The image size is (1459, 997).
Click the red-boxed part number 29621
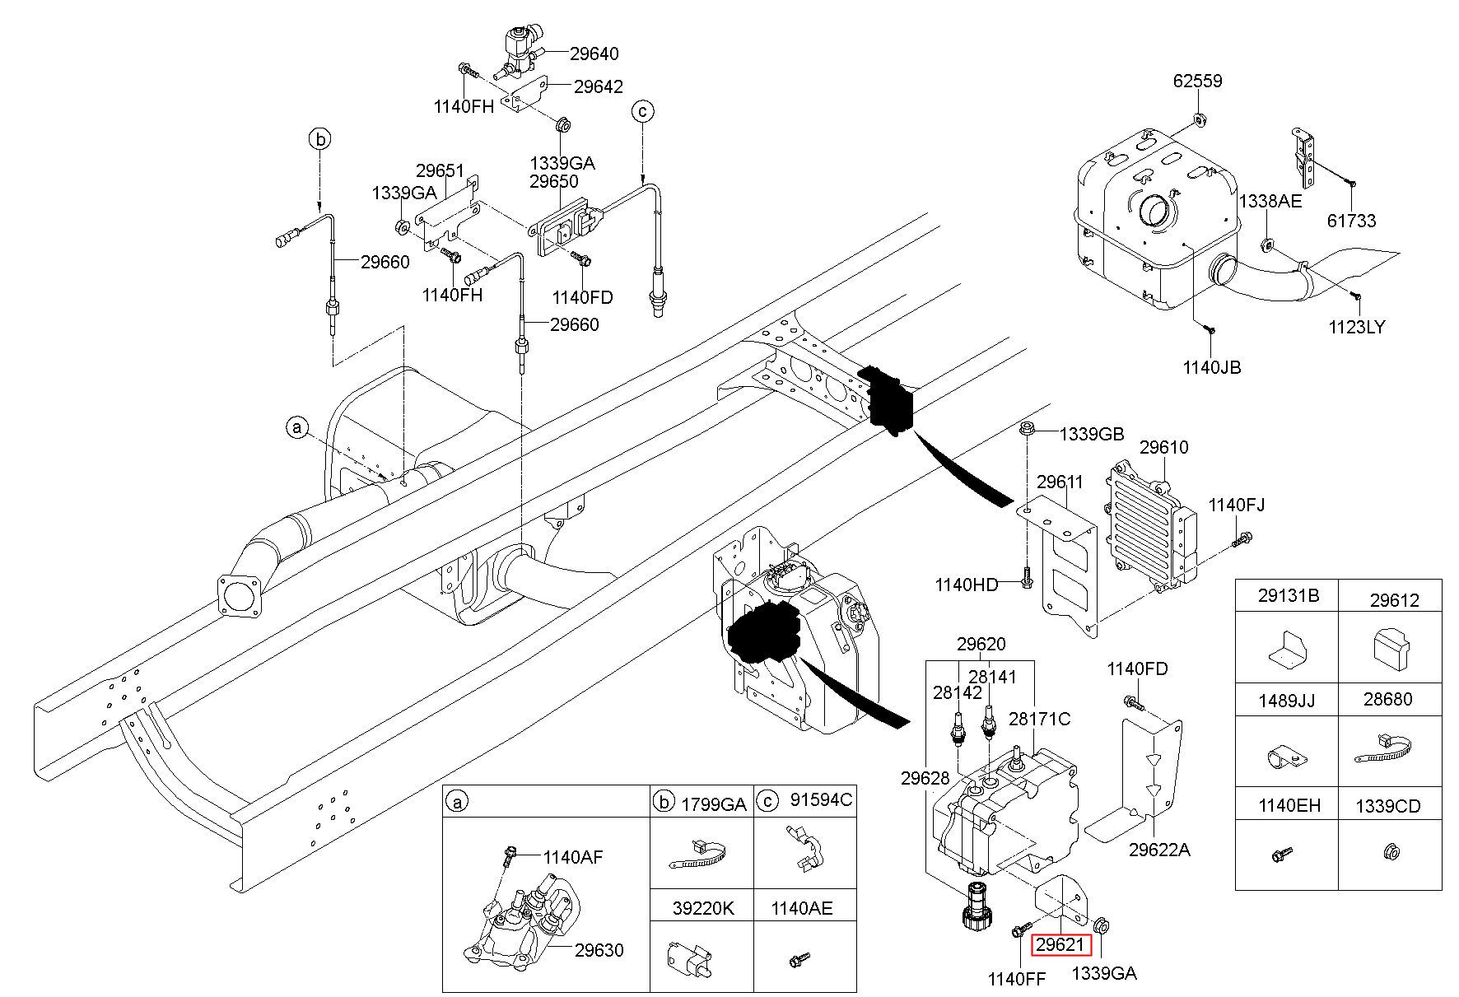point(1060,945)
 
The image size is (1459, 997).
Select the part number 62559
point(1198,82)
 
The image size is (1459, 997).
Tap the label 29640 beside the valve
point(594,54)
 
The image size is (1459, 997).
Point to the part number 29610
point(1164,448)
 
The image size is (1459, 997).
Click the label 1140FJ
point(1237,505)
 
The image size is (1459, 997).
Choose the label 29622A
point(1159,850)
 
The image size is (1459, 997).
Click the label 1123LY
point(1357,327)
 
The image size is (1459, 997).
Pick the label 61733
point(1351,221)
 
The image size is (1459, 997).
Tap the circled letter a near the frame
point(297,427)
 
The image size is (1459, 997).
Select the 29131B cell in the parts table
point(1288,596)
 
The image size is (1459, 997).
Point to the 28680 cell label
point(1388,700)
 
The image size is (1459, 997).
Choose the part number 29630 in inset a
point(599,950)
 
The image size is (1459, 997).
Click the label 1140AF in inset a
point(573,857)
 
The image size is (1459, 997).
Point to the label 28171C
point(1040,720)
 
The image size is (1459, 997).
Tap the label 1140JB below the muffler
point(1212,367)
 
